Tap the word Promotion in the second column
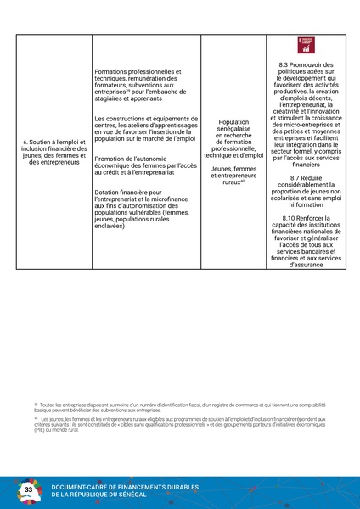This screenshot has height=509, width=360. click(111, 159)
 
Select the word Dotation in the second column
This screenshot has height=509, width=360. click(109, 193)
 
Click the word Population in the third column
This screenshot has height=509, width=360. click(233, 122)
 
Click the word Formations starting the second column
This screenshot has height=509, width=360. click(114, 71)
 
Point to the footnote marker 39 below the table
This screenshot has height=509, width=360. click(36, 405)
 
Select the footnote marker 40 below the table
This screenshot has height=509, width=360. click(36, 418)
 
